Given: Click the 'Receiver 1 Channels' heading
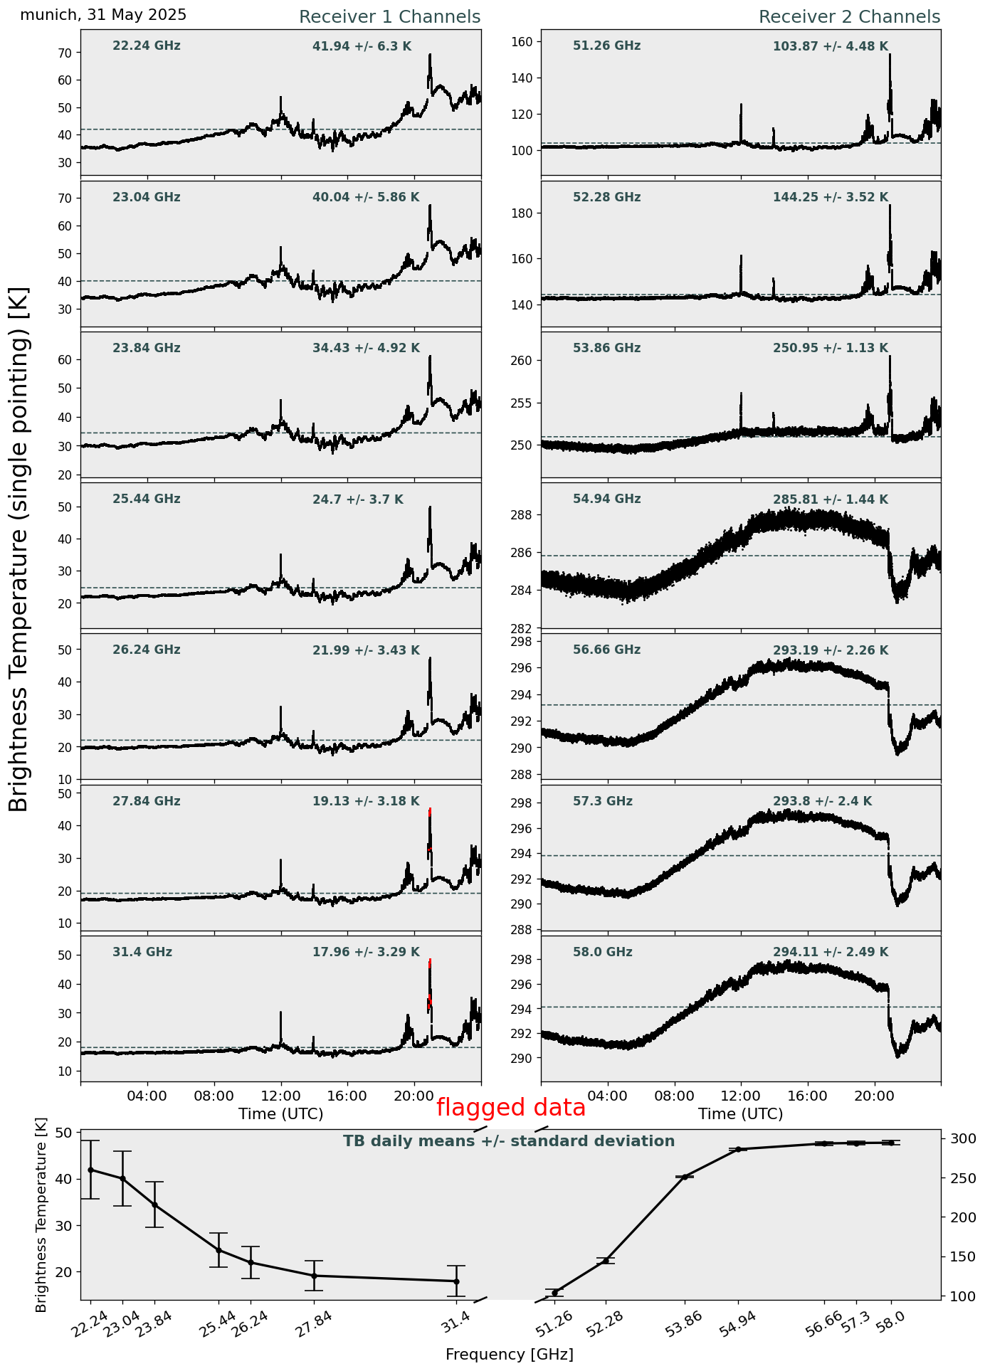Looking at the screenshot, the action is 389,17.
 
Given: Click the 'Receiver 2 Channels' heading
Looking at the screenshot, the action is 850,17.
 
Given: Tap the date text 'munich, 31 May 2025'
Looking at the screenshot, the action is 103,15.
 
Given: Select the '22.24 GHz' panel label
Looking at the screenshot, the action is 147,46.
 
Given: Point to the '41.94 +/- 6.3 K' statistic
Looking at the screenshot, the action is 362,47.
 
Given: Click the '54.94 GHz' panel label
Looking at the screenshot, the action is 607,499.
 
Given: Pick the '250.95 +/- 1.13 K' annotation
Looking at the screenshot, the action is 831,349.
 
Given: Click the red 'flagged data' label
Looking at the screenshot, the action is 511,1108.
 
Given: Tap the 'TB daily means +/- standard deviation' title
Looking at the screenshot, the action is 509,1141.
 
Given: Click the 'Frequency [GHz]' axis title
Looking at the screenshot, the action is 510,1354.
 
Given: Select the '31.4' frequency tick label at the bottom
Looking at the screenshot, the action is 455,1318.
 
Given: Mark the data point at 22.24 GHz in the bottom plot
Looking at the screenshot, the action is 90,1170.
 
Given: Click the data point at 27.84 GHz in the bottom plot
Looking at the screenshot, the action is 314,1276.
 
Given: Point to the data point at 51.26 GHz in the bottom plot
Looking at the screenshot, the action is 554,1293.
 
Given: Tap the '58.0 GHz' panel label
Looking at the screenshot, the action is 603,953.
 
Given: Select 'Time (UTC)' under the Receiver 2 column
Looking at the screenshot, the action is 741,1113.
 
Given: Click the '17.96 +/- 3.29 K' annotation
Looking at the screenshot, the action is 366,953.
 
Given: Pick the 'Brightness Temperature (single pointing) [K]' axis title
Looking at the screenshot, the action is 19,549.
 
